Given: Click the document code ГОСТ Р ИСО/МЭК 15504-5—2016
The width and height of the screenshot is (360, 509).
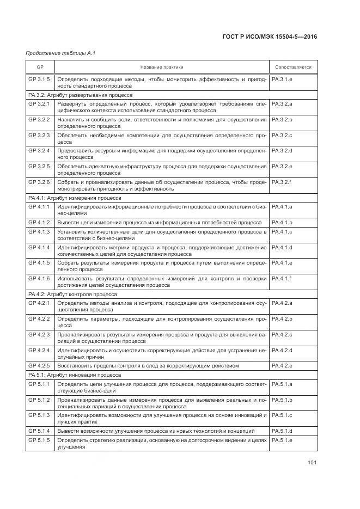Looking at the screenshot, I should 270,36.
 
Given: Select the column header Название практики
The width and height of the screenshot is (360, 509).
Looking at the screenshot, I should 162,67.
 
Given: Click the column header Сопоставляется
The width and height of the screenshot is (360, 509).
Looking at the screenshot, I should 293,67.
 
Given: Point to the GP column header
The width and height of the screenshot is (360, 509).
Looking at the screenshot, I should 40,67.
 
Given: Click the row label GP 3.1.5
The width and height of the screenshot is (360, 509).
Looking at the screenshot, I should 39,79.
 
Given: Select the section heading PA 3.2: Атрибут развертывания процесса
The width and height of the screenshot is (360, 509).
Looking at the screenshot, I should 80,95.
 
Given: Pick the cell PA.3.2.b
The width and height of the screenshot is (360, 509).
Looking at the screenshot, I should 282,119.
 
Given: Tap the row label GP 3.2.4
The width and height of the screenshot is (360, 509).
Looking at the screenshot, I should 39,150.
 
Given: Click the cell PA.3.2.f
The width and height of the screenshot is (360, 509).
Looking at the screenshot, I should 282,182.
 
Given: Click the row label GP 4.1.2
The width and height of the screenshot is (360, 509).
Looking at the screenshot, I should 39,223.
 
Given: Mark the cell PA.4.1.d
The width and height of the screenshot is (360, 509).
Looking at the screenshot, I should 282,248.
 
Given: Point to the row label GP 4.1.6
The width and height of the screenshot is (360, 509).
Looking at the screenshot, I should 39,278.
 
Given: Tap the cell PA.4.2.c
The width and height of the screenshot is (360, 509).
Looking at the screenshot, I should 282,334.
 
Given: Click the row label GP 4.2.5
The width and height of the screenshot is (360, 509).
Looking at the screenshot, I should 39,365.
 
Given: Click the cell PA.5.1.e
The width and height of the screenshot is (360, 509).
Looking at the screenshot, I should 282,440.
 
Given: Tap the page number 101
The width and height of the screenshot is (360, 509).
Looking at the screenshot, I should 312,463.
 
